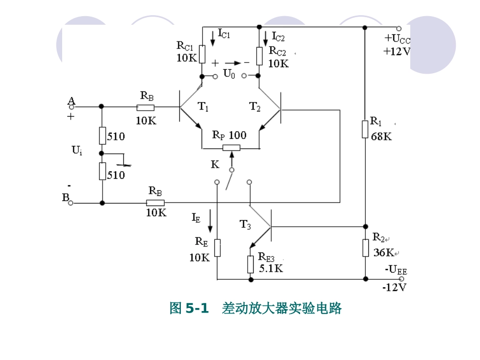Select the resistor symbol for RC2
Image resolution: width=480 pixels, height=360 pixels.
click(259, 56)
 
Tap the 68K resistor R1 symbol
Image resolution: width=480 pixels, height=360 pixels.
click(365, 129)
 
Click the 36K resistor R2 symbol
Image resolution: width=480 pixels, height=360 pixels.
click(365, 248)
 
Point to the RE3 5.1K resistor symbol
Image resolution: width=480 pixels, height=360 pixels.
click(250, 264)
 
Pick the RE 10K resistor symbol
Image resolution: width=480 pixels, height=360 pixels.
click(217, 248)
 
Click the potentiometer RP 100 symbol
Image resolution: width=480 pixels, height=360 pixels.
click(232, 148)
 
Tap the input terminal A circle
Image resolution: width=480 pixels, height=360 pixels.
click(71, 107)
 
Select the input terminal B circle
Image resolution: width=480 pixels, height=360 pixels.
click(71, 203)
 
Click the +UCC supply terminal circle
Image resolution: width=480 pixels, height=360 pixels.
click(399, 28)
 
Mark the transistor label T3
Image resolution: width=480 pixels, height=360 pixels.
click(245, 225)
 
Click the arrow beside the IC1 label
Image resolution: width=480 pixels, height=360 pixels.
click(213, 38)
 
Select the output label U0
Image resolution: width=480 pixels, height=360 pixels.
click(229, 74)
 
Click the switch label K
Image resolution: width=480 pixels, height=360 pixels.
click(215, 165)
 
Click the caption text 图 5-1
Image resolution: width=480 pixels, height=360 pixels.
click(189, 308)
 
